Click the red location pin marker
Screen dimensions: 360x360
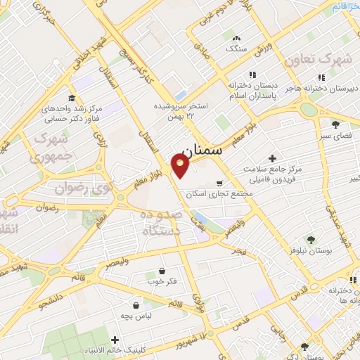click(x=181, y=165)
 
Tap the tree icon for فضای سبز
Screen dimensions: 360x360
click(x=335, y=124)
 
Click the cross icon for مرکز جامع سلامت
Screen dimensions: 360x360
click(x=273, y=159)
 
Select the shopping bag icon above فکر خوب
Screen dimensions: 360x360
click(x=162, y=271)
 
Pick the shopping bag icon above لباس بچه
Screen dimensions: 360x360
click(x=136, y=306)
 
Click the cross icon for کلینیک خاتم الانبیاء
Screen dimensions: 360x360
click(x=115, y=340)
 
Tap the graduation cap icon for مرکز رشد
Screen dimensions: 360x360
click(x=72, y=98)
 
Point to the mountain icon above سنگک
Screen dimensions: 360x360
click(x=236, y=39)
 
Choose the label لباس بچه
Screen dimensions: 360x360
click(x=136, y=316)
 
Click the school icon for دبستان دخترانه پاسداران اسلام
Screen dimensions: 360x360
click(x=251, y=75)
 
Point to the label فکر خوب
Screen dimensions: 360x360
click(x=162, y=281)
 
